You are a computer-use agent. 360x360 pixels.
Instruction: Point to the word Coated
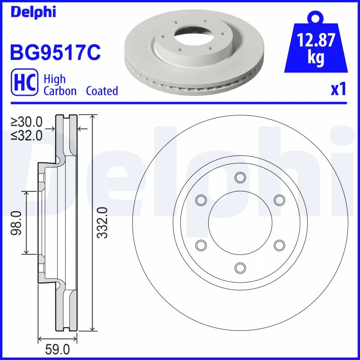coord(102,91)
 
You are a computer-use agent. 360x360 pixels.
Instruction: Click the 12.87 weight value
coord(316,41)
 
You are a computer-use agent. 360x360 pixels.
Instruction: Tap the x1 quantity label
coord(338,90)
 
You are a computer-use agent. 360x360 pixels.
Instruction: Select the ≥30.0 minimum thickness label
coord(27,121)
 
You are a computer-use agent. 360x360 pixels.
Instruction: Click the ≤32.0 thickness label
coord(27,135)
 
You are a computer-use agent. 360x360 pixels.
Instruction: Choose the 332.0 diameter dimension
coord(103,222)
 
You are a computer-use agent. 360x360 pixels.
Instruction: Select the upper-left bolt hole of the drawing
coord(201,200)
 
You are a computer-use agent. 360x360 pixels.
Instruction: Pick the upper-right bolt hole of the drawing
coord(279,200)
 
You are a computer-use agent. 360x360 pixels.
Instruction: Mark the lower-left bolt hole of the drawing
coord(201,245)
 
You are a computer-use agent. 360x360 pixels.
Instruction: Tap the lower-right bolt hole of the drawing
coord(279,245)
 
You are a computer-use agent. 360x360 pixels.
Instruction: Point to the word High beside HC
coord(54,79)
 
